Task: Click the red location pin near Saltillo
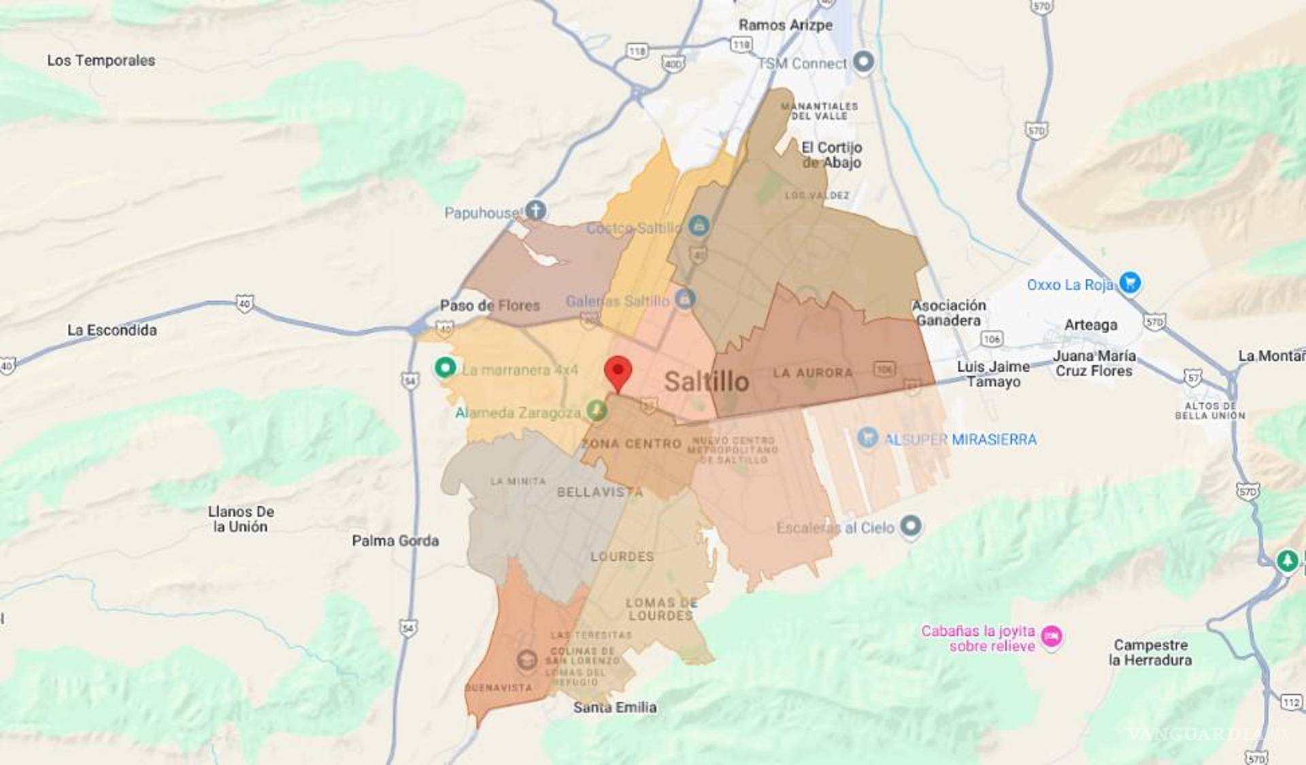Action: click(x=618, y=371)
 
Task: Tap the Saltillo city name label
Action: click(x=706, y=381)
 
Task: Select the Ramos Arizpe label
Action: click(x=785, y=25)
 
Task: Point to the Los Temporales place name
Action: click(x=101, y=61)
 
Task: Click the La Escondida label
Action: click(x=112, y=330)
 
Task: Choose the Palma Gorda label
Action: click(x=395, y=541)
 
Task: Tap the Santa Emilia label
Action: click(x=615, y=708)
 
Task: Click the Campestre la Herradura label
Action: click(x=1150, y=652)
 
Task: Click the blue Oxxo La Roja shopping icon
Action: click(x=1130, y=282)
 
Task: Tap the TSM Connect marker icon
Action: click(x=863, y=62)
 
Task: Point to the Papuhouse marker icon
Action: click(x=536, y=210)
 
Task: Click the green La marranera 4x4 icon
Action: click(x=446, y=368)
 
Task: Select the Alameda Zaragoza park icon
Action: click(x=597, y=410)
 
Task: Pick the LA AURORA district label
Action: click(x=813, y=373)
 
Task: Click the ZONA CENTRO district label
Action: click(x=632, y=444)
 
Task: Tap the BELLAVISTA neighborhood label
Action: click(x=599, y=492)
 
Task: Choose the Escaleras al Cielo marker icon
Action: click(x=911, y=526)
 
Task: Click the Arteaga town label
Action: click(x=1090, y=325)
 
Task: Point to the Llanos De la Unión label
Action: click(x=241, y=519)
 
